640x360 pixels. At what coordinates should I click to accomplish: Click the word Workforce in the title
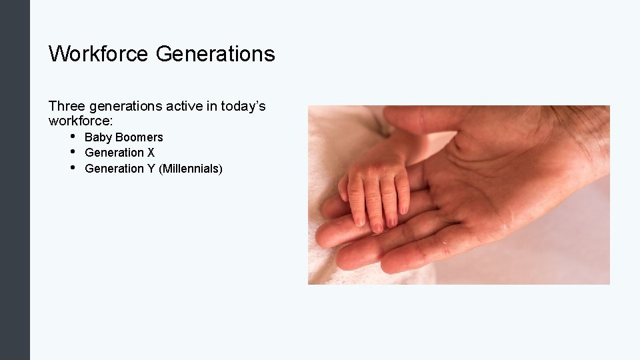pyautogui.click(x=99, y=53)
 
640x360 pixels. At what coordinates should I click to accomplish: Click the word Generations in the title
pyautogui.click(x=215, y=53)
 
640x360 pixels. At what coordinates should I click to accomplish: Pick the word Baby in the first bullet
pyautogui.click(x=98, y=137)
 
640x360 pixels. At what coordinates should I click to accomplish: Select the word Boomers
pyautogui.click(x=139, y=137)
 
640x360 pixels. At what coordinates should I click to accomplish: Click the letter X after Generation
pyautogui.click(x=151, y=153)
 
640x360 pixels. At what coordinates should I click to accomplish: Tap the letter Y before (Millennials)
pyautogui.click(x=151, y=169)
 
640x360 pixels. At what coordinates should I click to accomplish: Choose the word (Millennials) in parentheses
pyautogui.click(x=191, y=169)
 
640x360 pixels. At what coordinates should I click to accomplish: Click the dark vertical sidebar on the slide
pyautogui.click(x=15, y=180)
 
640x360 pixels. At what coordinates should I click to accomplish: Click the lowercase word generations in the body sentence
pyautogui.click(x=125, y=106)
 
